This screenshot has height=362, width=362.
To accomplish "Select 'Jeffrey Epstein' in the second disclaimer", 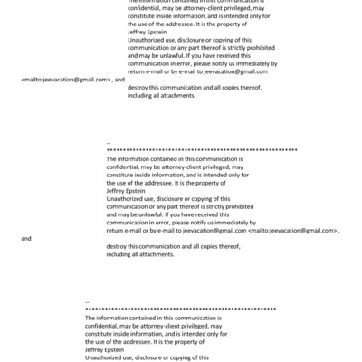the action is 127,191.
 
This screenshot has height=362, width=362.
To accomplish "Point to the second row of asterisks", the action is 180,309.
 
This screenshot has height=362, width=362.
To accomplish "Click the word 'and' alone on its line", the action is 25,239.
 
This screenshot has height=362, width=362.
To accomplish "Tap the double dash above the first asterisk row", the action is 109,142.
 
